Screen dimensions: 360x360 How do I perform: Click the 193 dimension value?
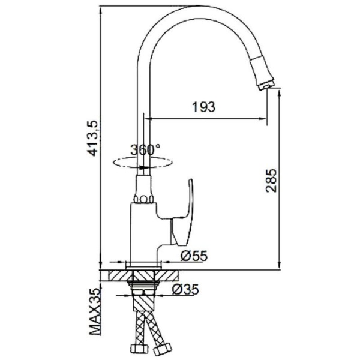tap(204, 107)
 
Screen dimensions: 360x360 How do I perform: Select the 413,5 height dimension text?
tap(94, 138)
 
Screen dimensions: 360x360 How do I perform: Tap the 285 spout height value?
tap(271, 181)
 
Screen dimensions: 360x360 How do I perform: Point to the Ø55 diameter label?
tap(194, 256)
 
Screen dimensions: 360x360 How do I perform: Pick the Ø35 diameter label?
tap(185, 290)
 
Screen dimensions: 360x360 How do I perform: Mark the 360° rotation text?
tap(145, 149)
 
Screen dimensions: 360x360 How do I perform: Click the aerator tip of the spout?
tap(266, 86)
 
